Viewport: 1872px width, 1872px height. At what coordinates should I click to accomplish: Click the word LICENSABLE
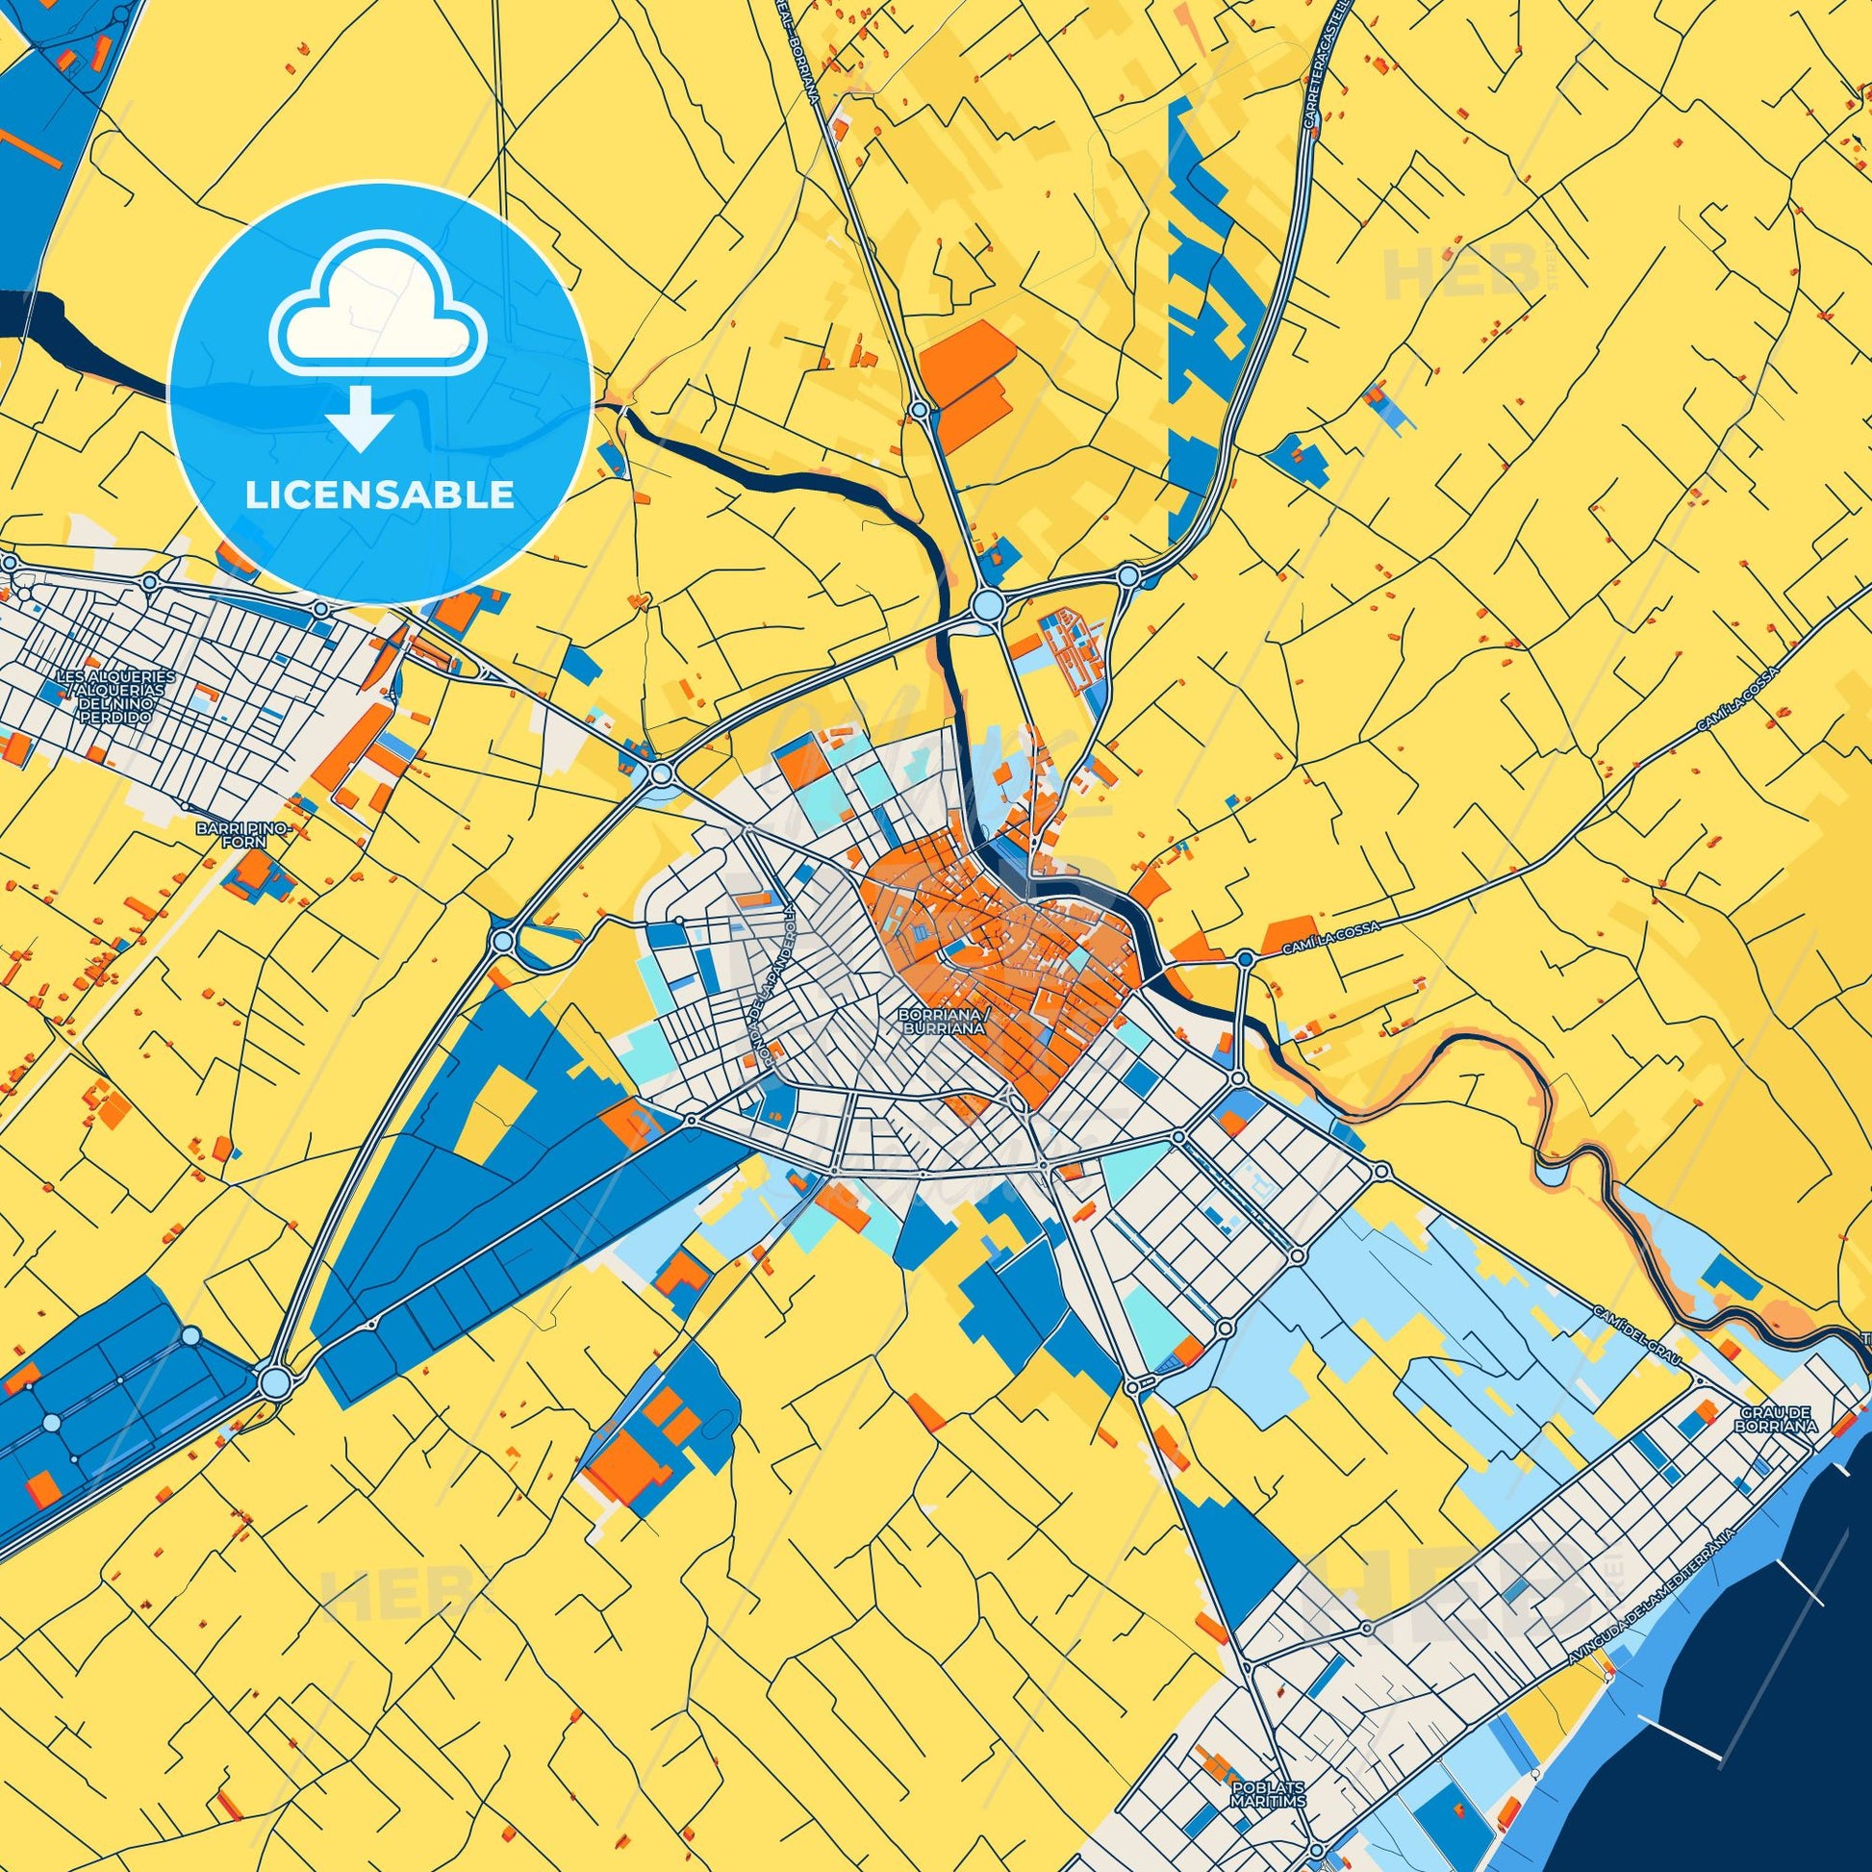(x=380, y=495)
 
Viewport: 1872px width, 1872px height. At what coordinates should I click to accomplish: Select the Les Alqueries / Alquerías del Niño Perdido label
(x=115, y=696)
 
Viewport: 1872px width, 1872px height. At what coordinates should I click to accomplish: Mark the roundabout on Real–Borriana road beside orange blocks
(x=917, y=411)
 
